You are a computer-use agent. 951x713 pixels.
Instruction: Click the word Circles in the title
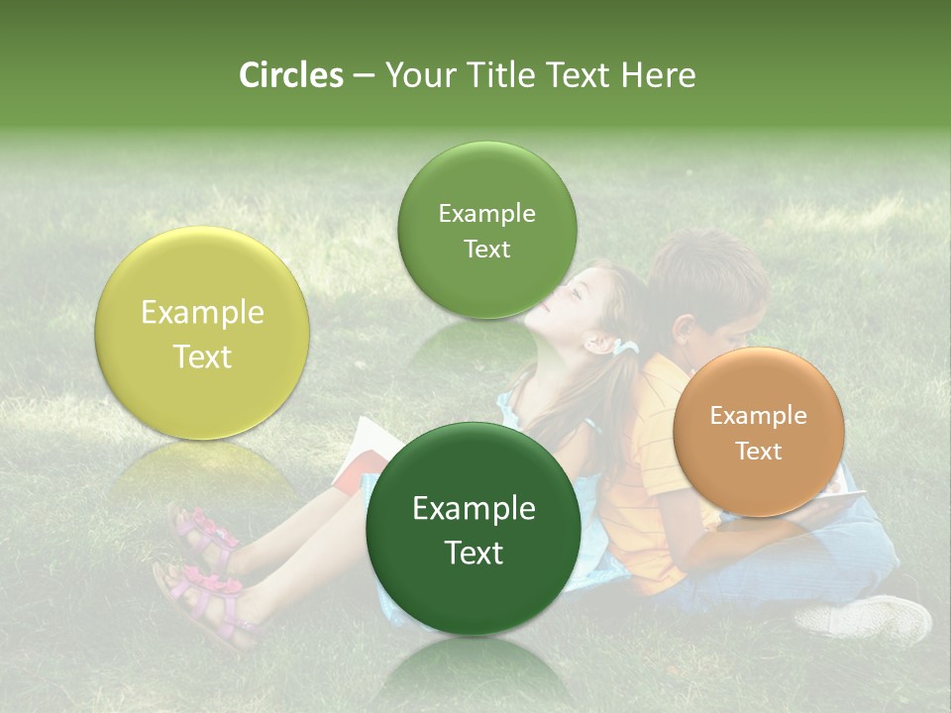tap(290, 75)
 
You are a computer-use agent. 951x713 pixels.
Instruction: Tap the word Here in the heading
tap(659, 75)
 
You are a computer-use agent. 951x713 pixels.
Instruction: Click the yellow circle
tap(202, 333)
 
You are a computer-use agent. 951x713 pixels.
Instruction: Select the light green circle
tap(486, 231)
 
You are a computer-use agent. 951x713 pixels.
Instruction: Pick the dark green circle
tap(474, 530)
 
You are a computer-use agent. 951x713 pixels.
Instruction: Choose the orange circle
tap(758, 432)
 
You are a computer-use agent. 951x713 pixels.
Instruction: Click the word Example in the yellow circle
tap(202, 313)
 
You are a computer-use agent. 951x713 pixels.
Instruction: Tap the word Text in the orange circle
tap(759, 452)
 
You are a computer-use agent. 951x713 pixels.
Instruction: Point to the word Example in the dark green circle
tap(474, 509)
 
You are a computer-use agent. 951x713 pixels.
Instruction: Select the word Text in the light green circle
tap(486, 250)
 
